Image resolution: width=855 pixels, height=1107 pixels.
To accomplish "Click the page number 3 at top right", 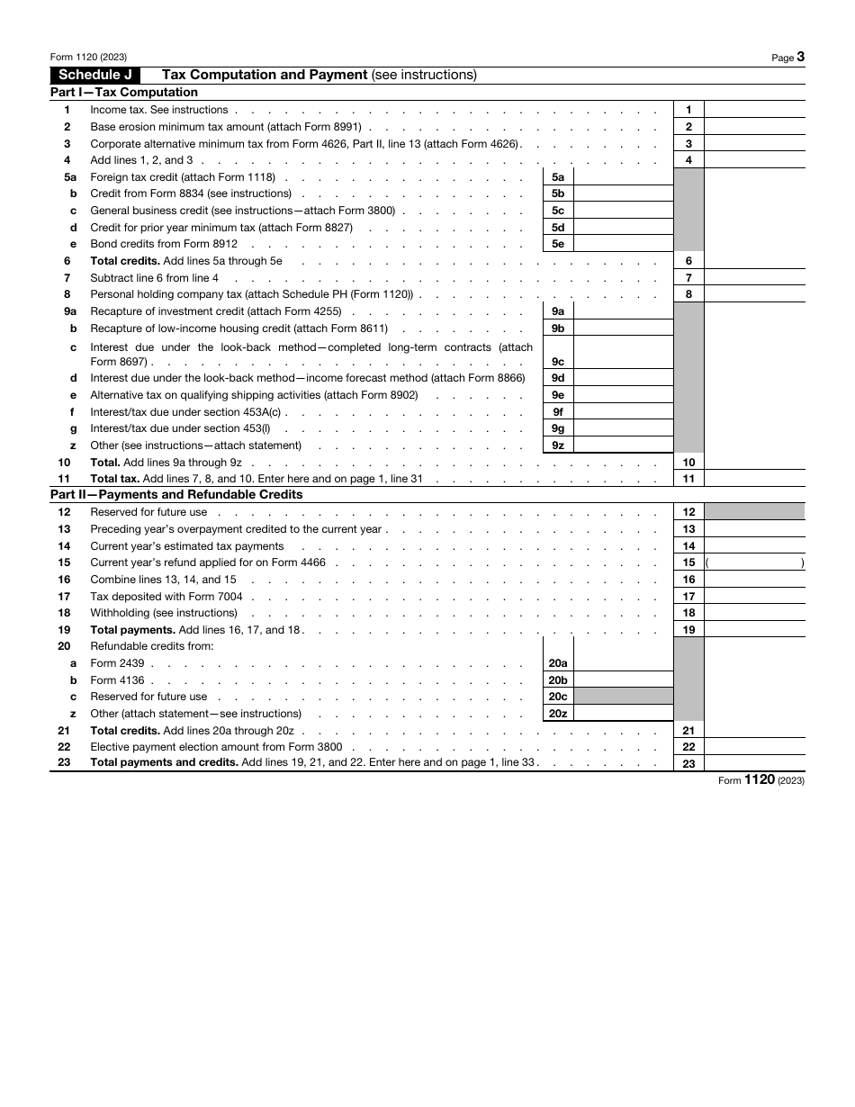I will click(800, 57).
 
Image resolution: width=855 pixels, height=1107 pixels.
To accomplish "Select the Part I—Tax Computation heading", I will click(124, 92).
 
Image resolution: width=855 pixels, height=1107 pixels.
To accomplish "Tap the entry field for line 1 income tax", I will click(754, 110).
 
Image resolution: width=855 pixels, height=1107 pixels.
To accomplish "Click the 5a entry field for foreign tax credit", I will click(623, 177).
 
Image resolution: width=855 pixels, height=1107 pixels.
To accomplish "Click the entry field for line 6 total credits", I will click(754, 261).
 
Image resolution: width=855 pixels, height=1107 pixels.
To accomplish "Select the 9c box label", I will click(558, 361).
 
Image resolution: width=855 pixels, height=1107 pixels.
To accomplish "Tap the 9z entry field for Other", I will click(623, 445).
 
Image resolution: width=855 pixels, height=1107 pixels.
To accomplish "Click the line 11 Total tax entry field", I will click(754, 479).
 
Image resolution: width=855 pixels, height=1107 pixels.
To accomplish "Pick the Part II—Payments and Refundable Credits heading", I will click(176, 494).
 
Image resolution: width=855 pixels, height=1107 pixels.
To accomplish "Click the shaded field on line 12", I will click(754, 512).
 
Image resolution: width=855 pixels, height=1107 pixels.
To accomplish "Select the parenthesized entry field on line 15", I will click(754, 562).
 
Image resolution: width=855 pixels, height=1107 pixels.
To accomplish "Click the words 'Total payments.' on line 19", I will click(132, 630).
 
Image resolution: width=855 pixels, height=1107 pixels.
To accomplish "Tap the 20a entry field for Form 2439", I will click(623, 663).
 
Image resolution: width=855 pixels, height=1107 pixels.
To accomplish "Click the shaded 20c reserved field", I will click(623, 697).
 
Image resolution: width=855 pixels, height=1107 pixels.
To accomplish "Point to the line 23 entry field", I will click(754, 763).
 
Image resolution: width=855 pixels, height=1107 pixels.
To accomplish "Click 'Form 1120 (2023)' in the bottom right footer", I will click(760, 780).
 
